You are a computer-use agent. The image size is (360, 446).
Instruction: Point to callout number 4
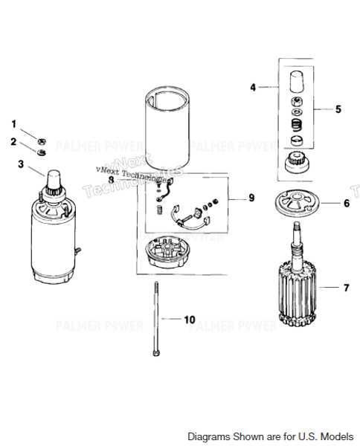pos(253,87)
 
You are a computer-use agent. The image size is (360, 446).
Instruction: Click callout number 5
pos(338,109)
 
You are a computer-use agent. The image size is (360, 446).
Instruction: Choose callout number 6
pos(346,202)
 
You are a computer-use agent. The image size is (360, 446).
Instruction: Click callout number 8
pos(111,179)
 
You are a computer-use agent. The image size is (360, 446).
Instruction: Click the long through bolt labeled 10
pos(157,320)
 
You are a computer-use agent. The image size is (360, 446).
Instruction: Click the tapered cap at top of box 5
pos(295,80)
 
